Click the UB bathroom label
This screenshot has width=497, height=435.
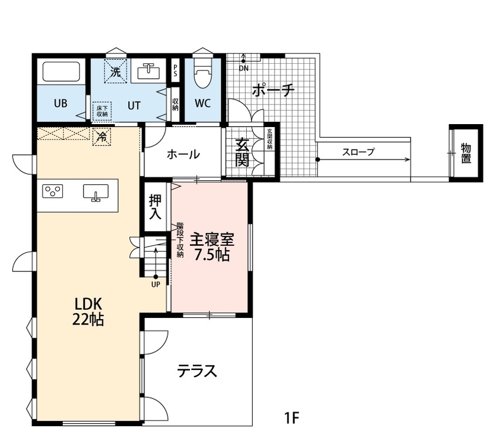click(x=60, y=103)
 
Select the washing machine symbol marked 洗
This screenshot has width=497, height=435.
click(x=116, y=72)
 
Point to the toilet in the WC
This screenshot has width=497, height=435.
click(x=203, y=74)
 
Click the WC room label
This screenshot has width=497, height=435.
click(x=203, y=103)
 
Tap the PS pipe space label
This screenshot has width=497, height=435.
click(x=175, y=70)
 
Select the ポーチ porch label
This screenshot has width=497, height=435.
click(x=273, y=90)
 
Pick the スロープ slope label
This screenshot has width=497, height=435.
click(x=359, y=152)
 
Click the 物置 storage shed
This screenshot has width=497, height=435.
click(x=466, y=153)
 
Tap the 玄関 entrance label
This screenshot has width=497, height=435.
click(x=242, y=152)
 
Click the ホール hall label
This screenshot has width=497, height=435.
click(x=183, y=155)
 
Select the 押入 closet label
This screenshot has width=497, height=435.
click(x=155, y=207)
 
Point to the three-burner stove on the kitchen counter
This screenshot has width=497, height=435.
click(x=53, y=191)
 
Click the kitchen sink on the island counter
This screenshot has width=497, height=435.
click(x=95, y=193)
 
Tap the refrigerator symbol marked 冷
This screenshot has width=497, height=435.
click(x=102, y=136)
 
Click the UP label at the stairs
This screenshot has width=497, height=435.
click(x=156, y=284)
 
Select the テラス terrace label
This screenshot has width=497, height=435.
click(x=197, y=372)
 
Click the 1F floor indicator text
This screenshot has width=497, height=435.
click(x=292, y=418)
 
